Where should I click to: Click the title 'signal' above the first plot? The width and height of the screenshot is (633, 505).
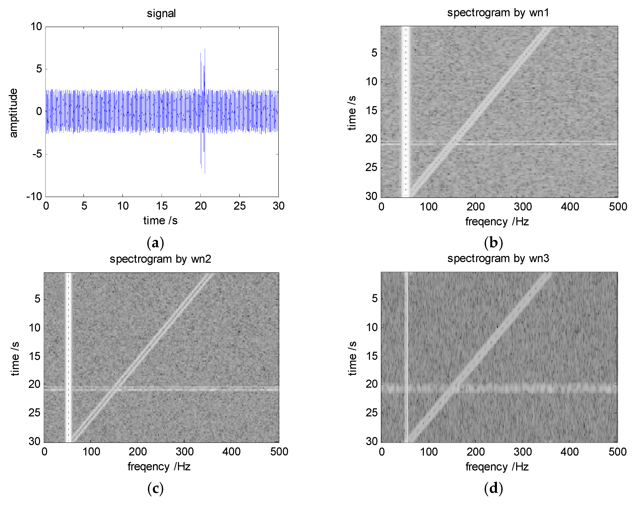(x=161, y=13)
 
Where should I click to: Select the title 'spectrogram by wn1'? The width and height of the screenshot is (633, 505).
(x=498, y=13)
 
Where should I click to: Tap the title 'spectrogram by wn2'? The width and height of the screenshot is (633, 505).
(x=160, y=259)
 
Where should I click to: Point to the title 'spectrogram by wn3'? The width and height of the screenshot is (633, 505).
(x=498, y=259)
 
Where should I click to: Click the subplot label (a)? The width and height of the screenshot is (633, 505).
(x=155, y=243)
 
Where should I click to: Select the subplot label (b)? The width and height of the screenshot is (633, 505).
(x=493, y=243)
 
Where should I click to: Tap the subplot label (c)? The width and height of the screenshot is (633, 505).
(x=155, y=488)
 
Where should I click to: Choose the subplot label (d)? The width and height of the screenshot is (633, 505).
(x=493, y=488)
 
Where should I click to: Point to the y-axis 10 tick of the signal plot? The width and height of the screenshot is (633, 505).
(x=36, y=27)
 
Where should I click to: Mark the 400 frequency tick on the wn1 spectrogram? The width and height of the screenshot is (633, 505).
(x=570, y=207)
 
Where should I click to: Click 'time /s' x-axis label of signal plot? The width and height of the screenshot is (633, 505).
(x=160, y=221)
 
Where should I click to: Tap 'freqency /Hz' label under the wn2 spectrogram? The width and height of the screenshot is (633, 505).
(x=159, y=467)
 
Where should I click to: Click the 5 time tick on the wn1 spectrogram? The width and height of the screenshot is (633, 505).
(x=374, y=53)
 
